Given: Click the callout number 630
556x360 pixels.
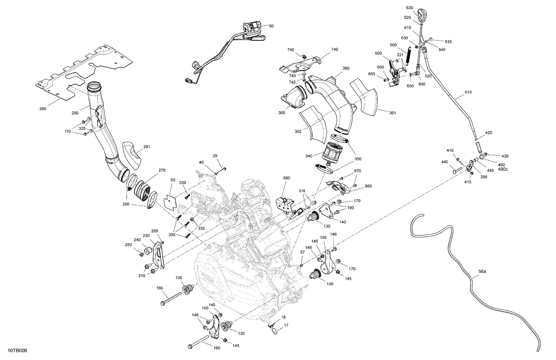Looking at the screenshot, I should click(x=409, y=8).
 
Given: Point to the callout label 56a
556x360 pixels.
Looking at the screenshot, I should click(x=482, y=271).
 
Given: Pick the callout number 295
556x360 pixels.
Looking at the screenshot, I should click(x=43, y=109).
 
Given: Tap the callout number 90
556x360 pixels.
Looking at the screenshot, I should click(x=271, y=26).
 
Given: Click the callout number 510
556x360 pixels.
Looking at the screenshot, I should click(x=468, y=92).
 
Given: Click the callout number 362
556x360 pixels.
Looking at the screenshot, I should click(x=298, y=131).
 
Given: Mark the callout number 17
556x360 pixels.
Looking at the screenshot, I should click(x=286, y=326).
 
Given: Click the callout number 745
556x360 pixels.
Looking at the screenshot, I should click(x=290, y=50).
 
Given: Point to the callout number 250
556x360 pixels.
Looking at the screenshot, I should click(x=128, y=245).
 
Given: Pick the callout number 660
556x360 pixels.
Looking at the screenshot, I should click(x=368, y=186).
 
